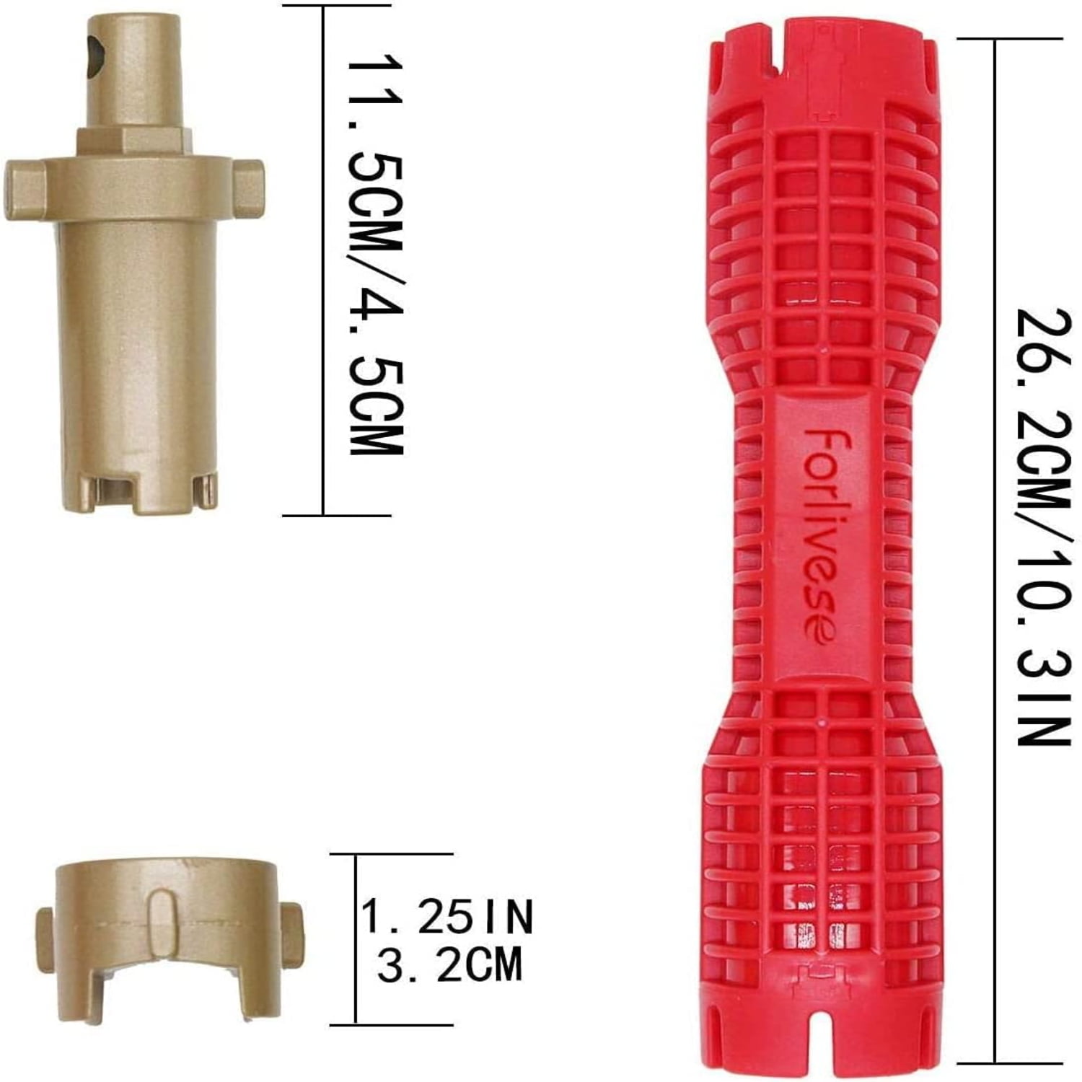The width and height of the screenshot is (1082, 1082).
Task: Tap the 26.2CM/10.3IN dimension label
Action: [1039, 527]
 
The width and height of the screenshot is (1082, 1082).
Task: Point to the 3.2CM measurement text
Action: [449, 966]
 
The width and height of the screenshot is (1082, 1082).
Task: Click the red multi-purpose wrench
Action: [822, 548]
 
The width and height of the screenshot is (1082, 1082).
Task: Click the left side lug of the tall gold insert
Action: [23, 189]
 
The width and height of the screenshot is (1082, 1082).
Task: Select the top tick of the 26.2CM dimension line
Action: [995, 40]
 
